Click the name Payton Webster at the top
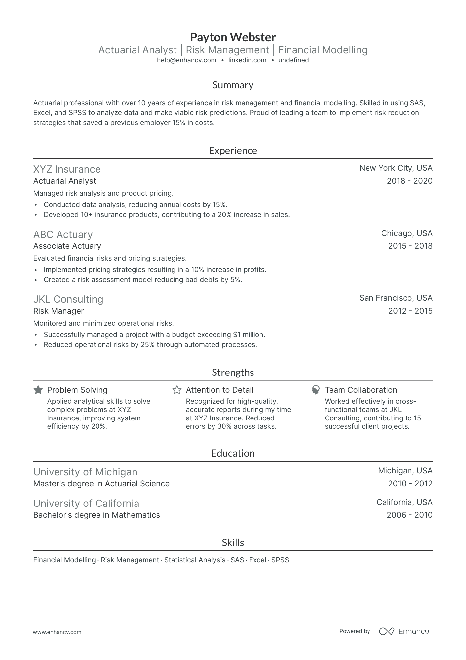(x=233, y=37)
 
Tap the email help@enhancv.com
(x=186, y=60)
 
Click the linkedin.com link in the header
(x=247, y=60)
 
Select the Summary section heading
(x=233, y=85)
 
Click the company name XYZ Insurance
(x=67, y=169)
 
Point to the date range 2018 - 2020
(x=409, y=181)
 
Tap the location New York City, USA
(x=396, y=168)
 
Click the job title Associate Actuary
(x=67, y=246)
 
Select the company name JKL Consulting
(x=68, y=299)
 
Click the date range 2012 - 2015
(x=410, y=311)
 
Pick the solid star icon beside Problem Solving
(x=38, y=390)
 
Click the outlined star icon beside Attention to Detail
(x=177, y=390)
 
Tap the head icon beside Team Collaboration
(x=316, y=390)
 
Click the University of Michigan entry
(x=85, y=472)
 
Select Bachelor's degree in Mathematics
(x=97, y=515)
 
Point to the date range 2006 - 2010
(x=409, y=515)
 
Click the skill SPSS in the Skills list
(x=280, y=560)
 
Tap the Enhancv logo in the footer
(x=404, y=631)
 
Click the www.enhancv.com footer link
(x=57, y=632)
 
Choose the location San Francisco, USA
(x=396, y=298)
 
